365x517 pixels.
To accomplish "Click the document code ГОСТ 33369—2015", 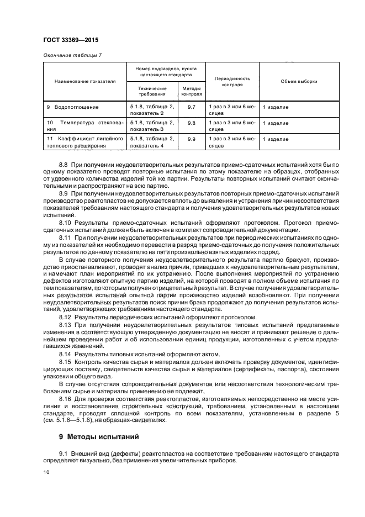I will point(67,40).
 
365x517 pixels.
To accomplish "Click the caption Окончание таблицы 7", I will point(72,54).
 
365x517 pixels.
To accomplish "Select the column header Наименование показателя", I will point(85,81).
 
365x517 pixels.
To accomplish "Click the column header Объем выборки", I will point(299,81).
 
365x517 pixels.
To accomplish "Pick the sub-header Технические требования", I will point(152,91).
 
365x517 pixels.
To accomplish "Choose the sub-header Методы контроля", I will point(191,91).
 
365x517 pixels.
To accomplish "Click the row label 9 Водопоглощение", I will point(73,106).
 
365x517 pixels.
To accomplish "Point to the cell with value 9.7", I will point(191,106).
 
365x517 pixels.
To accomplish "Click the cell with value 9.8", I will point(191,123).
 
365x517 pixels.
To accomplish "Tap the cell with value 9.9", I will point(191,139).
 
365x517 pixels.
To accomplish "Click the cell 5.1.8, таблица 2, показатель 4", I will point(152,143).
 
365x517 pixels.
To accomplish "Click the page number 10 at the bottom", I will point(46,472).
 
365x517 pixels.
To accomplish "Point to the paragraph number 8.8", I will point(64,165).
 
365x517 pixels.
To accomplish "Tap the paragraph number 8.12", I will point(65,318).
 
